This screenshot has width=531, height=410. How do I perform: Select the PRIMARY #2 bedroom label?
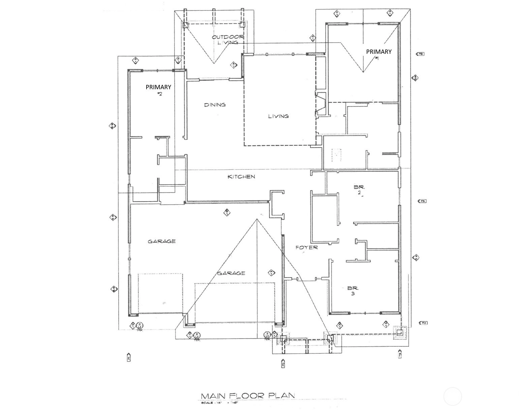pos(158,90)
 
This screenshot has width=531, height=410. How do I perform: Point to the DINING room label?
pos(215,105)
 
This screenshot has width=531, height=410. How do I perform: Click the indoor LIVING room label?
pos(278,116)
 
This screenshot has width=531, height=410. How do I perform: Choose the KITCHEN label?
pos(241,177)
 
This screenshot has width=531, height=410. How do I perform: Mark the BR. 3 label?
pos(353,291)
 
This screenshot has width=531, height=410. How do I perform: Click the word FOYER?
pos(307,247)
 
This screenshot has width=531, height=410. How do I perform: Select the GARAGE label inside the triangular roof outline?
pos(231,273)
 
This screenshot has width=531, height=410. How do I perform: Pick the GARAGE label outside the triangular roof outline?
pos(161,241)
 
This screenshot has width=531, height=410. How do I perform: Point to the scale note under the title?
pos(223,403)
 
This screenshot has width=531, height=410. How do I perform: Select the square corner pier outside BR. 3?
pos(400,333)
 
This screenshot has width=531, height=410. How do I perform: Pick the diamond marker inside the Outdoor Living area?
pos(233,65)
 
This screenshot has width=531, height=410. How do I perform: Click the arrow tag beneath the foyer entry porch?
pos(283,364)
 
